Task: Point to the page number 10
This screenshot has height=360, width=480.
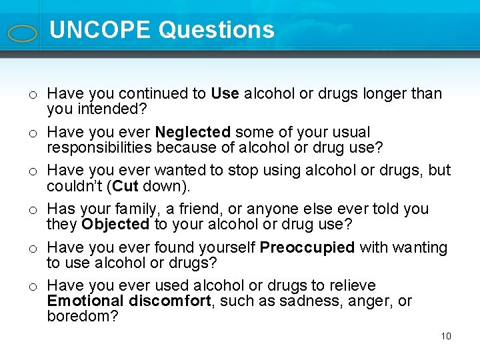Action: coord(446,336)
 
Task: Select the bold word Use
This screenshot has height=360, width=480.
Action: coord(225,94)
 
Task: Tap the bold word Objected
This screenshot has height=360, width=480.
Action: coord(115,223)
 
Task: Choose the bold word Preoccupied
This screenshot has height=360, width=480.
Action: coord(307,248)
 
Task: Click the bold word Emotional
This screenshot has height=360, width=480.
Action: coord(85,301)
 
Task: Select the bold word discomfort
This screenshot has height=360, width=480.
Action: coord(169,301)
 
